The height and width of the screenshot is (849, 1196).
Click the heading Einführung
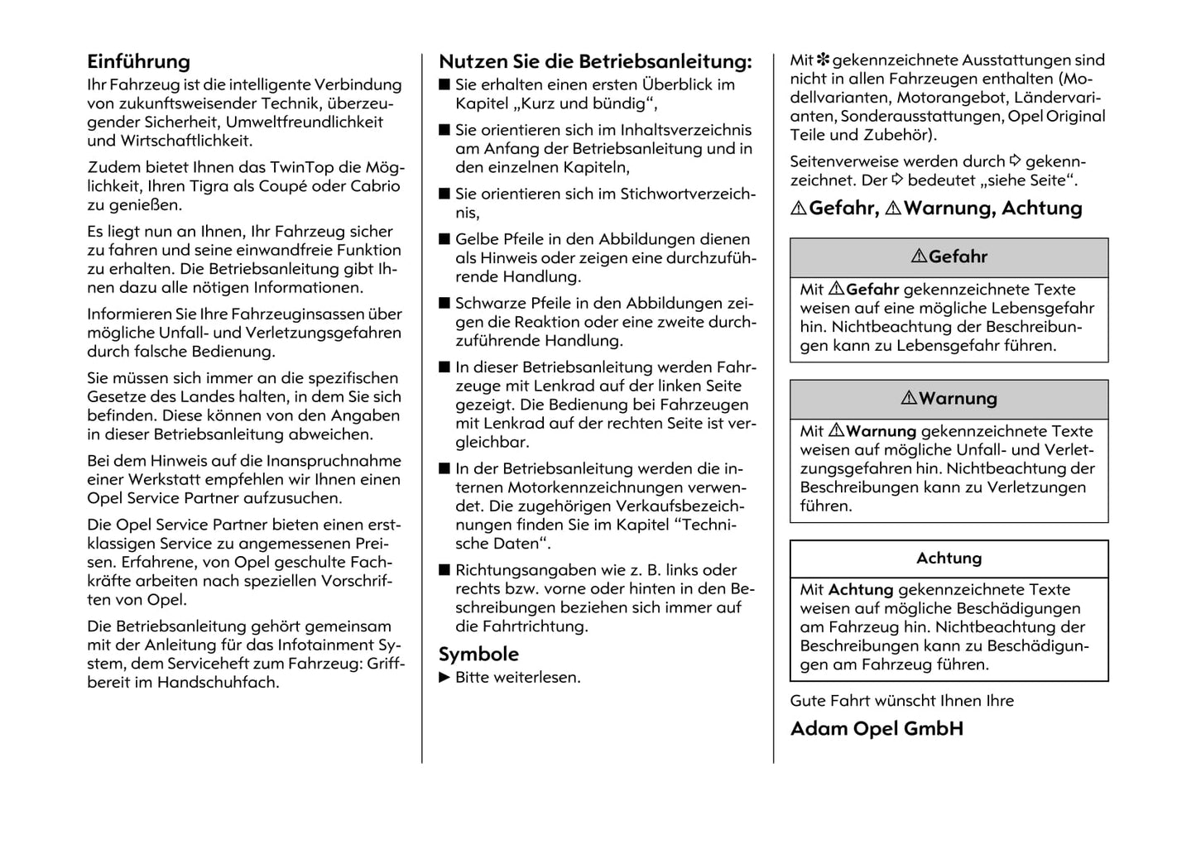(x=138, y=62)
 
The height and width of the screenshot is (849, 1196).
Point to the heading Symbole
(x=478, y=655)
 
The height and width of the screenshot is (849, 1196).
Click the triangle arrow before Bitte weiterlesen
(x=444, y=678)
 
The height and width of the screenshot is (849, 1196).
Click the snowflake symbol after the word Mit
(x=824, y=60)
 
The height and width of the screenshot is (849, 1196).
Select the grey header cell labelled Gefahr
(x=949, y=257)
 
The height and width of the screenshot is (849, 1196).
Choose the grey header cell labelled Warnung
(x=949, y=399)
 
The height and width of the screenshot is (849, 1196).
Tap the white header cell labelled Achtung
(x=949, y=559)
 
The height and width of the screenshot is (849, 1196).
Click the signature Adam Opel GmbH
(x=877, y=729)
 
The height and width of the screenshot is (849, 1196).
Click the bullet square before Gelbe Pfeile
(x=444, y=240)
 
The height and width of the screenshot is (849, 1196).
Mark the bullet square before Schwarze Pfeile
(x=444, y=304)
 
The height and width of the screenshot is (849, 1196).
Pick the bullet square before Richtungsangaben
(x=444, y=570)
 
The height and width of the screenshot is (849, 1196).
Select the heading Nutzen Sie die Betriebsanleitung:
(x=595, y=62)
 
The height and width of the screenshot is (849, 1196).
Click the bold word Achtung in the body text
(x=861, y=590)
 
